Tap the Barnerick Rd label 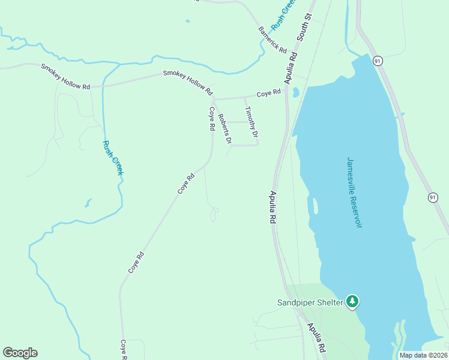click(273, 40)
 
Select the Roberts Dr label click(224, 129)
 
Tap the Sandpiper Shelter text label click(310, 302)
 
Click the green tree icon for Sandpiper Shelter click(353, 301)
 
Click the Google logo click(20, 353)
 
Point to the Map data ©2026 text click(423, 355)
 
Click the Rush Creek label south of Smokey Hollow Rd click(113, 158)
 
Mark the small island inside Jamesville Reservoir click(314, 206)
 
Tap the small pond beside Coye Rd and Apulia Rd click(295, 93)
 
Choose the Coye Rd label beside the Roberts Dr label click(211, 119)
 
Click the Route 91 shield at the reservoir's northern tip click(377, 61)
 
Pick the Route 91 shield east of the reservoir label click(433, 197)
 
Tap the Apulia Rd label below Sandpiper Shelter click(316, 338)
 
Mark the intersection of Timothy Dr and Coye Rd click(244, 97)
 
